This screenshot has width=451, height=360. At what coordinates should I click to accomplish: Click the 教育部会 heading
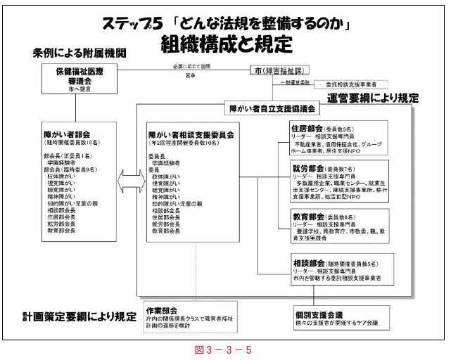tap(307, 217)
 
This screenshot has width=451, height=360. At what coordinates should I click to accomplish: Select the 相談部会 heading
tap(307, 263)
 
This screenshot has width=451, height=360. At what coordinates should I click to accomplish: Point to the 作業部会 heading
tap(162, 310)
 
